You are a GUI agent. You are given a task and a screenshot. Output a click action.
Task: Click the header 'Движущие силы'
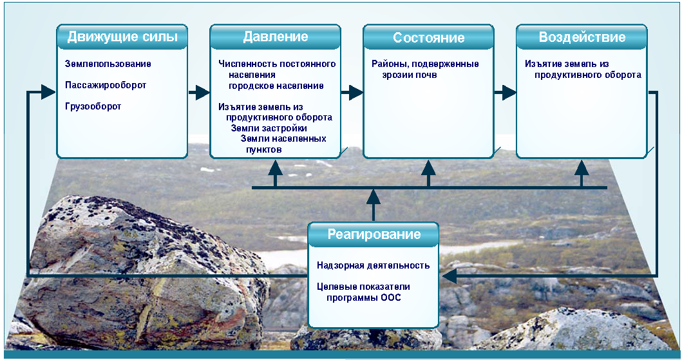coord(122,37)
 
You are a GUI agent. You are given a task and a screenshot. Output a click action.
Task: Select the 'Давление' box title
coord(276,37)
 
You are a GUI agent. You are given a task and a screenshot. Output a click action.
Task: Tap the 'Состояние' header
coord(429,37)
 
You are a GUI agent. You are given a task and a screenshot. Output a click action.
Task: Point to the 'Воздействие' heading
coord(582,37)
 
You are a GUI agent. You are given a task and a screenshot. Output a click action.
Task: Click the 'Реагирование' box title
coord(374,234)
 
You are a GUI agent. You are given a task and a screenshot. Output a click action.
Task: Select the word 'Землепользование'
coord(108,64)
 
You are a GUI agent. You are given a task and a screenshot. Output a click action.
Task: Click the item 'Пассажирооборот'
coord(106,85)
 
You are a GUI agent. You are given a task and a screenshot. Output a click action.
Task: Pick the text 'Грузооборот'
coord(93,106)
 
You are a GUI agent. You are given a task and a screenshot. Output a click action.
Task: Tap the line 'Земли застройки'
coord(269,128)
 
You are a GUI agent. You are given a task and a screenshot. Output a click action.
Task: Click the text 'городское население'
coord(276,86)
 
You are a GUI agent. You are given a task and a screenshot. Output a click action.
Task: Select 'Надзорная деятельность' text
coord(373,265)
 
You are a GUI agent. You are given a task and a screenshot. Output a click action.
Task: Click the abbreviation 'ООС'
coord(390,298)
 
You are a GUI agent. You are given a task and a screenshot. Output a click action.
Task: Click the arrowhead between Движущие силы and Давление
coord(202,93)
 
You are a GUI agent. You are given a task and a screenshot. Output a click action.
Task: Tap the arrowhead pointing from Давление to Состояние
coord(355,93)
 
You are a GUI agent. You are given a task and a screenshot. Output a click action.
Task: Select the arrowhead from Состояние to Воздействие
coord(509,93)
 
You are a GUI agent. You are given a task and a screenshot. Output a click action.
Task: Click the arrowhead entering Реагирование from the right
coord(450,276)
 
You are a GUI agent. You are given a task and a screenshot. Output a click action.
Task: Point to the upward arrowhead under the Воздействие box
coord(582,168)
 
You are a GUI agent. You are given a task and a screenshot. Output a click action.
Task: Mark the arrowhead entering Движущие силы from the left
coord(48,91)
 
